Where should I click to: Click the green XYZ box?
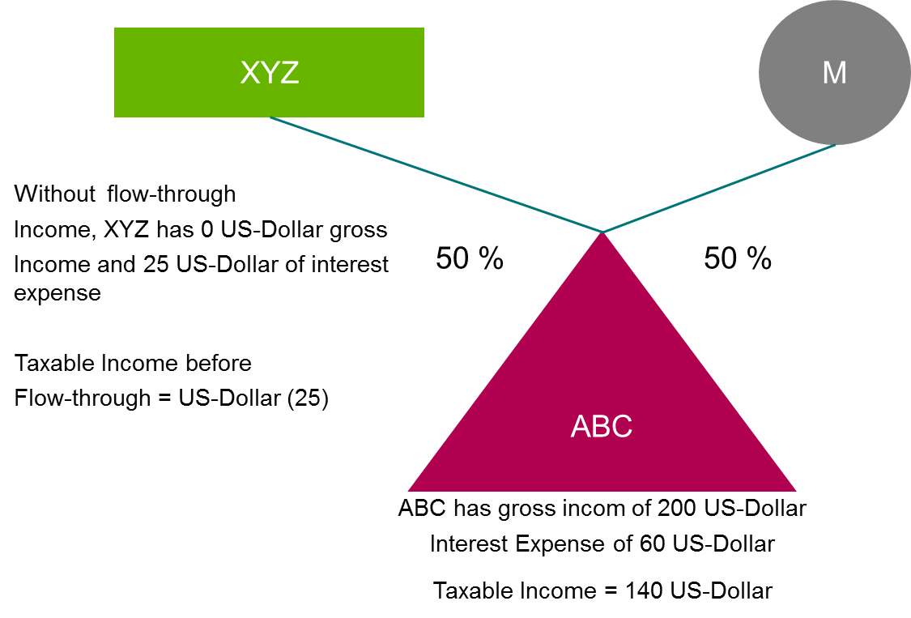pyautogui.click(x=269, y=73)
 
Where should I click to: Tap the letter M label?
pyautogui.click(x=834, y=74)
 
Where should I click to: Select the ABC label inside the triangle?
pyautogui.click(x=601, y=427)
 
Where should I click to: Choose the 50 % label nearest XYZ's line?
pyautogui.click(x=470, y=258)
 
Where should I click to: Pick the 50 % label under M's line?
pyautogui.click(x=737, y=258)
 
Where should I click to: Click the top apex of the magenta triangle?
pyautogui.click(x=602, y=234)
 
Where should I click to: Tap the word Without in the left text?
pyautogui.click(x=53, y=194)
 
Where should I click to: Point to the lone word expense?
pyautogui.click(x=57, y=294)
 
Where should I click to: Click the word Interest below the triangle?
pyautogui.click(x=470, y=543)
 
